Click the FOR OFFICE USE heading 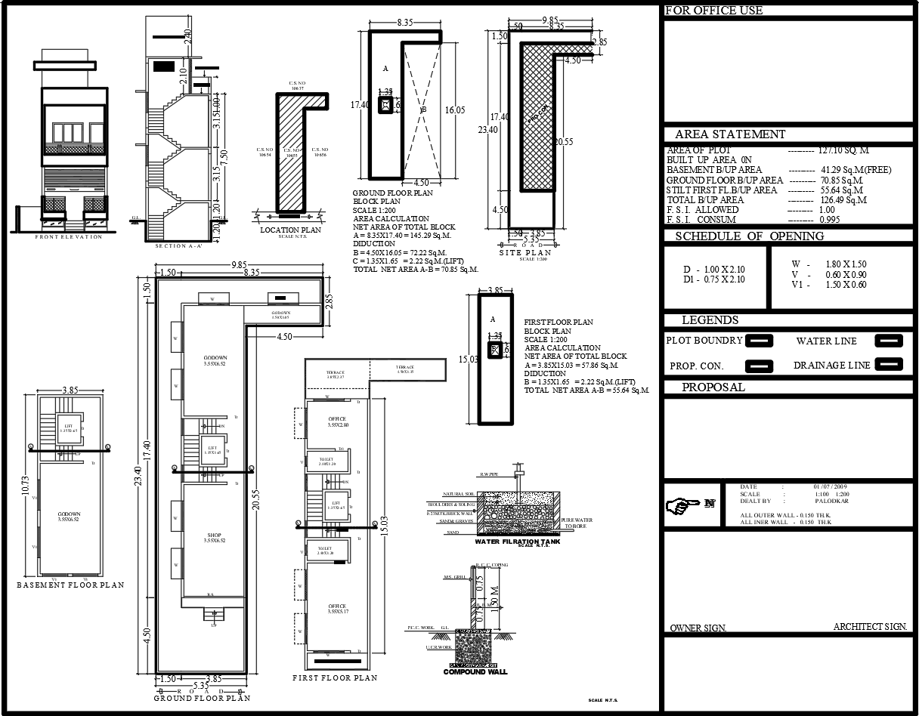click(x=713, y=11)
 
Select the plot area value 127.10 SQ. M click(x=843, y=150)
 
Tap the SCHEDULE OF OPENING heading click(x=749, y=236)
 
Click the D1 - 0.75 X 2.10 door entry click(x=713, y=279)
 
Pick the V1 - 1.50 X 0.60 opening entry click(x=829, y=285)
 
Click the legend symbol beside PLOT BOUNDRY click(x=760, y=341)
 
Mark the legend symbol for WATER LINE click(x=888, y=341)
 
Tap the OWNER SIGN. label click(x=698, y=628)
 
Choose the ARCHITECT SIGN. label click(x=870, y=627)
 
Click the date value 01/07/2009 click(x=830, y=487)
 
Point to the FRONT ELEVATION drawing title click(x=68, y=237)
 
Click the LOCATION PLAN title click(x=290, y=230)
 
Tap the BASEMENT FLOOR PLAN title click(x=70, y=585)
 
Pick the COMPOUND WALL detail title click(x=475, y=671)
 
